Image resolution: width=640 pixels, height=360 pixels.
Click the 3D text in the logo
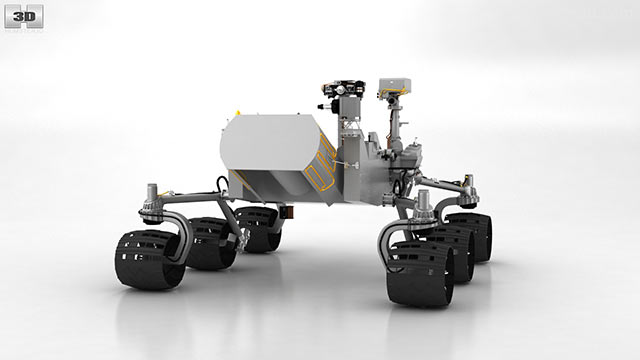pos(24,17)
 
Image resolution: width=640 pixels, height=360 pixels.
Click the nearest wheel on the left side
pos(148,260)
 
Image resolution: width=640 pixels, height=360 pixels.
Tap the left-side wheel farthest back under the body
pos(258,229)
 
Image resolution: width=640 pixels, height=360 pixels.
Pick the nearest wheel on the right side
pos(421,273)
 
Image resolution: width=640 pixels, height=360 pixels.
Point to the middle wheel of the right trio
pos(453,253)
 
